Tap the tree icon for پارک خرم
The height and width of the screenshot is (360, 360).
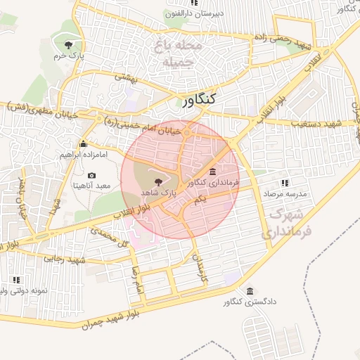tap(67, 45)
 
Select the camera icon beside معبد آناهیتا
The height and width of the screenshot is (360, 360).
tap(91, 175)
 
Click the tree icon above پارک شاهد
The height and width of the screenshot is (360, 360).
tap(156, 182)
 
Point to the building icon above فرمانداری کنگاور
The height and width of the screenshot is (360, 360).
tap(213, 172)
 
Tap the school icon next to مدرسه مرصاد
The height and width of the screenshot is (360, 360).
tap(285, 183)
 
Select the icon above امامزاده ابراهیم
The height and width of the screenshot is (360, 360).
tap(83, 144)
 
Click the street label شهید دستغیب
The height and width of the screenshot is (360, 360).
tap(315, 123)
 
